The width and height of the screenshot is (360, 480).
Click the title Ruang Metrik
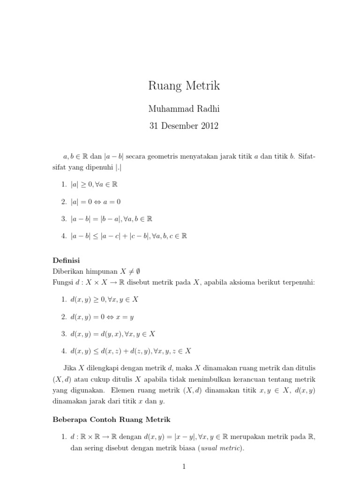(x=184, y=86)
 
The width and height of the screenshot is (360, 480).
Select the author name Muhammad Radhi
(x=184, y=109)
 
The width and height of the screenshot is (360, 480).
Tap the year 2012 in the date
(x=209, y=127)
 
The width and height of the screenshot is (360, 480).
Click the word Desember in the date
(x=180, y=127)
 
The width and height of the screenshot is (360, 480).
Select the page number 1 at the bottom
(x=184, y=466)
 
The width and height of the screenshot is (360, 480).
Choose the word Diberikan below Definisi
(x=67, y=270)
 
